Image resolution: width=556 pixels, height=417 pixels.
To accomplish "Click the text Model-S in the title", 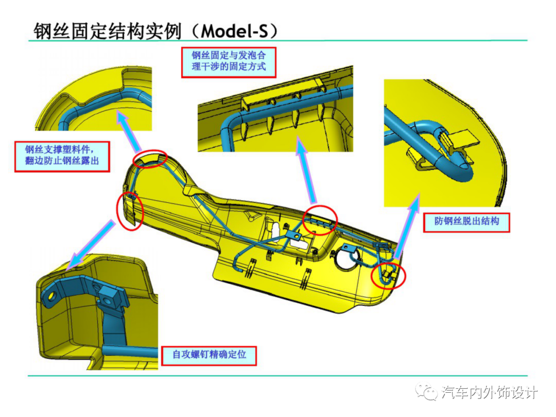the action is click(234, 31).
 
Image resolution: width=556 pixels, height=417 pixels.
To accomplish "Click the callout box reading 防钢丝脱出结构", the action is click(466, 222).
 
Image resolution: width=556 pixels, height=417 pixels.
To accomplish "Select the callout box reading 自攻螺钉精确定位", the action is click(209, 356).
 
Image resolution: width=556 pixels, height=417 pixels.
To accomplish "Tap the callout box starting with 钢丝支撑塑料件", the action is click(62, 157).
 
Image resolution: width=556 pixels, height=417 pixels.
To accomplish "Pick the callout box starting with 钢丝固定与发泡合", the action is click(229, 62).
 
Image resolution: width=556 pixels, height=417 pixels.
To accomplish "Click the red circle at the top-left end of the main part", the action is click(150, 159).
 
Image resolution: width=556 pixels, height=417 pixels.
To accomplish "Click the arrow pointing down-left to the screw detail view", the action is click(91, 245).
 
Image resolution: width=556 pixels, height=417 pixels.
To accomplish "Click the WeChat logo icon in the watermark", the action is click(427, 391).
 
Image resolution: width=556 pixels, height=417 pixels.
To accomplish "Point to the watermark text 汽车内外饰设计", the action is click(490, 392).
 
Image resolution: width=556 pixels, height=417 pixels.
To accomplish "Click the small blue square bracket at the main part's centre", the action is click(294, 235).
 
